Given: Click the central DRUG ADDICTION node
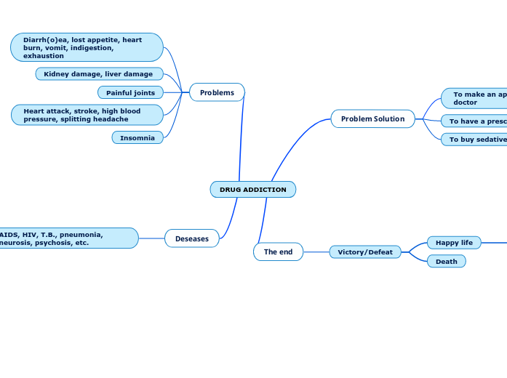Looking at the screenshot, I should click(x=252, y=190).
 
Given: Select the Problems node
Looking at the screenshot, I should click(x=217, y=92).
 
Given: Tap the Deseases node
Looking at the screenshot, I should click(x=192, y=238).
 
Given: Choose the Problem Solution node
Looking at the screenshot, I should click(x=372, y=118).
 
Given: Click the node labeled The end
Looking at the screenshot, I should click(x=278, y=252).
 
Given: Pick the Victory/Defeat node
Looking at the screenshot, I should click(x=365, y=252).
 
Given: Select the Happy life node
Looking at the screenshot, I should click(x=454, y=242).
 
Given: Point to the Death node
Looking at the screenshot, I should click(x=447, y=261).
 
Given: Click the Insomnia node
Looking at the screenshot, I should click(x=137, y=137).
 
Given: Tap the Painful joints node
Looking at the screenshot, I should click(x=130, y=92).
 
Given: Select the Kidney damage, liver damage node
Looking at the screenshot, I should click(x=99, y=73).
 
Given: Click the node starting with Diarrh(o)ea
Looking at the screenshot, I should click(x=87, y=47).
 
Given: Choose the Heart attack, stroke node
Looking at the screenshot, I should click(x=87, y=115).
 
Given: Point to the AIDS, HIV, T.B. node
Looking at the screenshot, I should click(x=65, y=238).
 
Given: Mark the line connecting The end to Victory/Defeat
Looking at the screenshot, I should click(x=316, y=252).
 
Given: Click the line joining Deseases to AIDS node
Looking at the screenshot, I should click(x=151, y=238).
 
